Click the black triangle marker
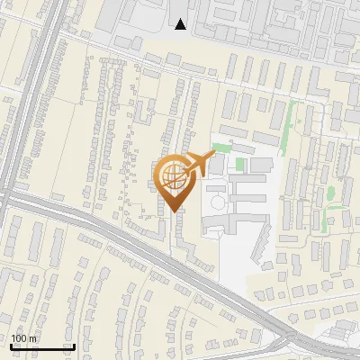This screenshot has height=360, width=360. tap(181, 24)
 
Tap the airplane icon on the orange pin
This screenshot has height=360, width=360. tap(198, 164)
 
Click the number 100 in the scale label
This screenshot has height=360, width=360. tap(19, 338)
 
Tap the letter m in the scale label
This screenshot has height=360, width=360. tap(33, 338)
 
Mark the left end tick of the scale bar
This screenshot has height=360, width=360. tap(10, 346)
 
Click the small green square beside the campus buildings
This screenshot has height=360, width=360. tap(240, 165)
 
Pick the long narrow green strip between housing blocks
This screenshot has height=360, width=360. tap(288, 126)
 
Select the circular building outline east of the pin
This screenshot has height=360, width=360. tap(216, 204)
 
